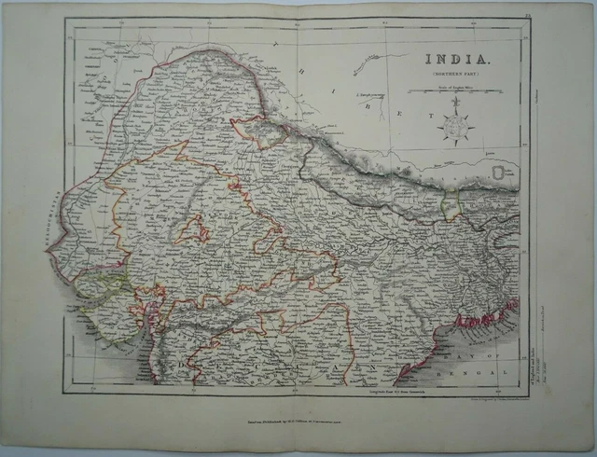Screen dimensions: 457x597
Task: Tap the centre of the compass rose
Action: pos(457,127)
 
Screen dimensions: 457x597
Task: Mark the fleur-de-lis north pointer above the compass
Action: pos(457,104)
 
